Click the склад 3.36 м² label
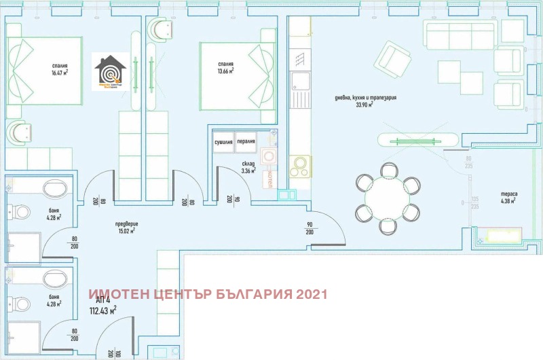248,167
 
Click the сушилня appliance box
224,143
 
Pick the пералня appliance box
246,143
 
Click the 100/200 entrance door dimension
110,350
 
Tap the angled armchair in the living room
394,60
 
